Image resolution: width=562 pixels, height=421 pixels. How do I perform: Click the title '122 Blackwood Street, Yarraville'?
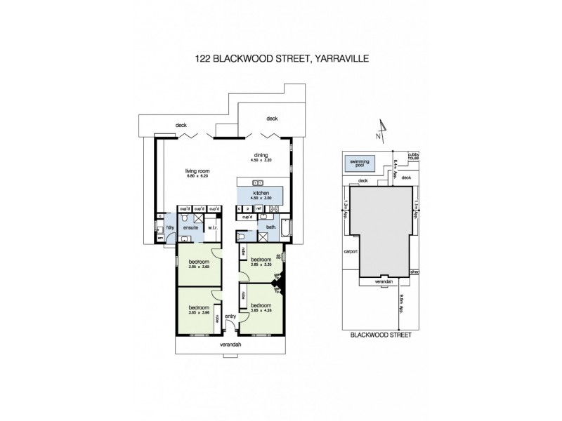280,60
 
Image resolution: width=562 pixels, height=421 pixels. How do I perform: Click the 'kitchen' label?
261,192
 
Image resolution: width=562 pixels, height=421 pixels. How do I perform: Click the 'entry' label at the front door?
231,316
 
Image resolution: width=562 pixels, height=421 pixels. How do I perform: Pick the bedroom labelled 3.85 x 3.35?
262,260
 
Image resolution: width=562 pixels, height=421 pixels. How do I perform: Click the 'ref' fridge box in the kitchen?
259,208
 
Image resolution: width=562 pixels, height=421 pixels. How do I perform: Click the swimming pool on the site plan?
358,163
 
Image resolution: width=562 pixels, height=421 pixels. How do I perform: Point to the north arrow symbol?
381,131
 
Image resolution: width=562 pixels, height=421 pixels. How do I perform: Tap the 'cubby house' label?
414,156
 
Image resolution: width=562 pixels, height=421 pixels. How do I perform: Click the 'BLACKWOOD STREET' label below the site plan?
381,335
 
